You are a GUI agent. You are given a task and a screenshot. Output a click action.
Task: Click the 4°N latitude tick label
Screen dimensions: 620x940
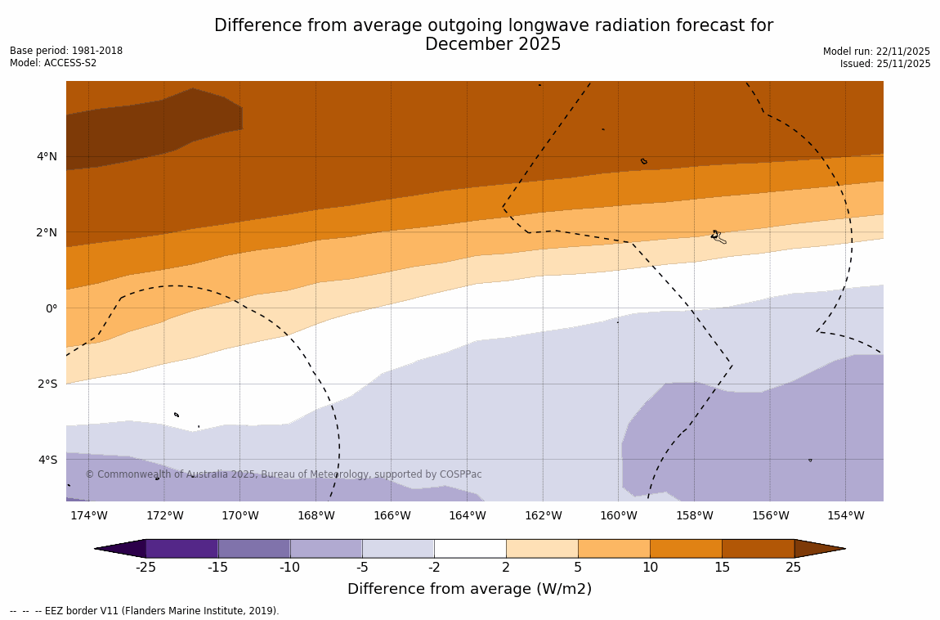(47, 156)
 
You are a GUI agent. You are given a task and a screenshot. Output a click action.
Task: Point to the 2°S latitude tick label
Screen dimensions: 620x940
(47, 384)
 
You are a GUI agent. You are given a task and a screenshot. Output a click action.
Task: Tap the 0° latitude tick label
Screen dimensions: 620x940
(51, 308)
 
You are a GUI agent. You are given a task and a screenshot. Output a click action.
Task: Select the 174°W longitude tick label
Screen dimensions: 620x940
(88, 515)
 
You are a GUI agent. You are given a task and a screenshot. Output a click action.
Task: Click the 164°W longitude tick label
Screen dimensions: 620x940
(467, 515)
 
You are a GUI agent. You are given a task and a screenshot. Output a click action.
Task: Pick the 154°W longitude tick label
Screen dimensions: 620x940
(845, 515)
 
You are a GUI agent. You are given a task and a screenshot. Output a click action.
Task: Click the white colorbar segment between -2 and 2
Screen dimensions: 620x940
(470, 548)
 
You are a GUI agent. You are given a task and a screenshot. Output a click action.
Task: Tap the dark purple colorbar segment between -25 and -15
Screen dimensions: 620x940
(181, 548)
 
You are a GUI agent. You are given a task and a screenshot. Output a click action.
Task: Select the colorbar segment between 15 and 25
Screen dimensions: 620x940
(758, 548)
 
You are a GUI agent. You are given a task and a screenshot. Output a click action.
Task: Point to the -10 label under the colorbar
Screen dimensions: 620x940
(289, 568)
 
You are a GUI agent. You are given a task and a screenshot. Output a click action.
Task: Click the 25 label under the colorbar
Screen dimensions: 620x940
(794, 568)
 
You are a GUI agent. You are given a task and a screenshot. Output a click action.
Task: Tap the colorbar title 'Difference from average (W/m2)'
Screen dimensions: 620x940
(469, 589)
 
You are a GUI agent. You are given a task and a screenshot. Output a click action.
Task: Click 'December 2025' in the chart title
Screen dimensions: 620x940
(493, 44)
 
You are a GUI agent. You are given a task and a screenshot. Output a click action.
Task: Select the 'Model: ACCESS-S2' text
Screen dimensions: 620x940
(53, 63)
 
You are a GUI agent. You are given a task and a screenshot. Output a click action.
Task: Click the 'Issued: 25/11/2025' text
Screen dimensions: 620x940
(885, 64)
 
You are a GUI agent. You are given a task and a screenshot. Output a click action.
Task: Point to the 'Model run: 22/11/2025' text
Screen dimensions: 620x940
(876, 51)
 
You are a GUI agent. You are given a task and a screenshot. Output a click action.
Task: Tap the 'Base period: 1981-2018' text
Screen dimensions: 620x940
(66, 51)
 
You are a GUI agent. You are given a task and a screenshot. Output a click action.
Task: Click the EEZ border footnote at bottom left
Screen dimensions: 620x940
(145, 611)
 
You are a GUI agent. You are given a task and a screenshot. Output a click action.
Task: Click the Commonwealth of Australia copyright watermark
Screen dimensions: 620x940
(284, 474)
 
